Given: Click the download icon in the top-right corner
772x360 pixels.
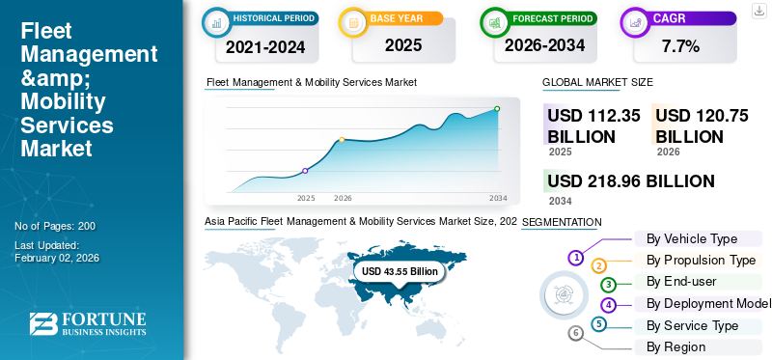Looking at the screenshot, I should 759,10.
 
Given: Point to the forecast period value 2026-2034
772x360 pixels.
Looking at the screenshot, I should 543,44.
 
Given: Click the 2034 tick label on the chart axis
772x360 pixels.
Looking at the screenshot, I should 498,198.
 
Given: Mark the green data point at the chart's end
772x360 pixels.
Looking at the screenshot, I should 497,109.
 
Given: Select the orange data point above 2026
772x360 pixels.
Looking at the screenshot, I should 342,140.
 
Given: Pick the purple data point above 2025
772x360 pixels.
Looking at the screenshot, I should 306,171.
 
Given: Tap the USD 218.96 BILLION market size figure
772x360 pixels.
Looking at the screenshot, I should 631,181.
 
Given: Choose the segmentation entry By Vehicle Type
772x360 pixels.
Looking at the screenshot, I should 691,238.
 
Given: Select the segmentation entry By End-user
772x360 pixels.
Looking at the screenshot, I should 682,282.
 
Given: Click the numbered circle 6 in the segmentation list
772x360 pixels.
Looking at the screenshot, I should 576,333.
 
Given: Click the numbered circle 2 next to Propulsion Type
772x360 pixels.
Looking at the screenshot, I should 598,265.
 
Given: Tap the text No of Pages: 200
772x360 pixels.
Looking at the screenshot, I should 55,226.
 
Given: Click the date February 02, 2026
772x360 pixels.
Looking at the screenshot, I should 57,258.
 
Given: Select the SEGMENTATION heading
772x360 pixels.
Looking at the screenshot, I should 562,223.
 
